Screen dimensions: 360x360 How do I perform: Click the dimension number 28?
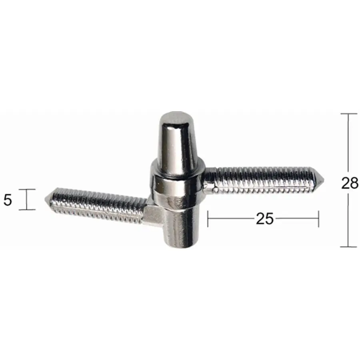click(350, 183)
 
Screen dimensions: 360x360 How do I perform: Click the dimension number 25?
click(265, 218)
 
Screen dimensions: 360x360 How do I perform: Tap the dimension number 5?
click(8, 200)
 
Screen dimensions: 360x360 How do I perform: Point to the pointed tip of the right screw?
click(324, 179)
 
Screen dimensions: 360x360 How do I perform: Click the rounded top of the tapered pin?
click(176, 116)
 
